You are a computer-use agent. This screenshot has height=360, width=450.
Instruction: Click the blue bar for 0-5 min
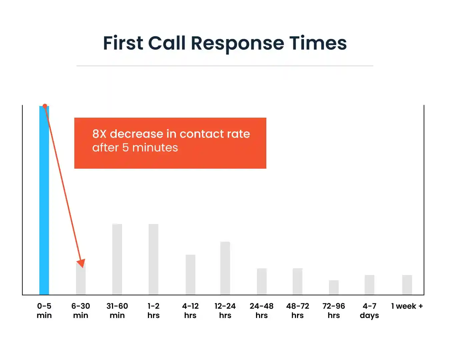point(44,200)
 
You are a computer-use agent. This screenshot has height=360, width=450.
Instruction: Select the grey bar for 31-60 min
point(117,259)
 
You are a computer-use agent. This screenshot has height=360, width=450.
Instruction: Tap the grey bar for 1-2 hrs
point(153,259)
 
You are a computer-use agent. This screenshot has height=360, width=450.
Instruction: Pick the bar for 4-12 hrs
point(190,275)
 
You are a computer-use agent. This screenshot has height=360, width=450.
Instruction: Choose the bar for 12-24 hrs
point(225,268)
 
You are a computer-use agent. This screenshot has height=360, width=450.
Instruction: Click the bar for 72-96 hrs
point(334,287)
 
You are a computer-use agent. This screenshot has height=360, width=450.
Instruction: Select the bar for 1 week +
point(407,285)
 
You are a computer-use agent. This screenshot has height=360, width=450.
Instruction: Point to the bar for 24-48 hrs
point(262,281)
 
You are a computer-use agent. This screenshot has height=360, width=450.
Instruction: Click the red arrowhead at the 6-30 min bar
point(81,263)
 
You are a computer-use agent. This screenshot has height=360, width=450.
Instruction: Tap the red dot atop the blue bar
point(45,106)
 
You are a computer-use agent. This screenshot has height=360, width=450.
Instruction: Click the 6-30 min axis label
point(81,310)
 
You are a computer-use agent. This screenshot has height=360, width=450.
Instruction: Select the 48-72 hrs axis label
point(297,310)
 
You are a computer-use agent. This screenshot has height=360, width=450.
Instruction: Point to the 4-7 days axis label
point(369,310)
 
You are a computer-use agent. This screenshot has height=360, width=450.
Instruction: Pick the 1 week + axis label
point(407,306)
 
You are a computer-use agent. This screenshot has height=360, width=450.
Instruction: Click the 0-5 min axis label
point(44,310)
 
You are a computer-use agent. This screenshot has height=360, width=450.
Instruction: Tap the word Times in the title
point(318,43)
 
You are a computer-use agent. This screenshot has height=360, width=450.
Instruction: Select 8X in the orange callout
point(99,134)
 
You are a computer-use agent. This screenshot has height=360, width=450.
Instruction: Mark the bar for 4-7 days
point(369,285)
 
